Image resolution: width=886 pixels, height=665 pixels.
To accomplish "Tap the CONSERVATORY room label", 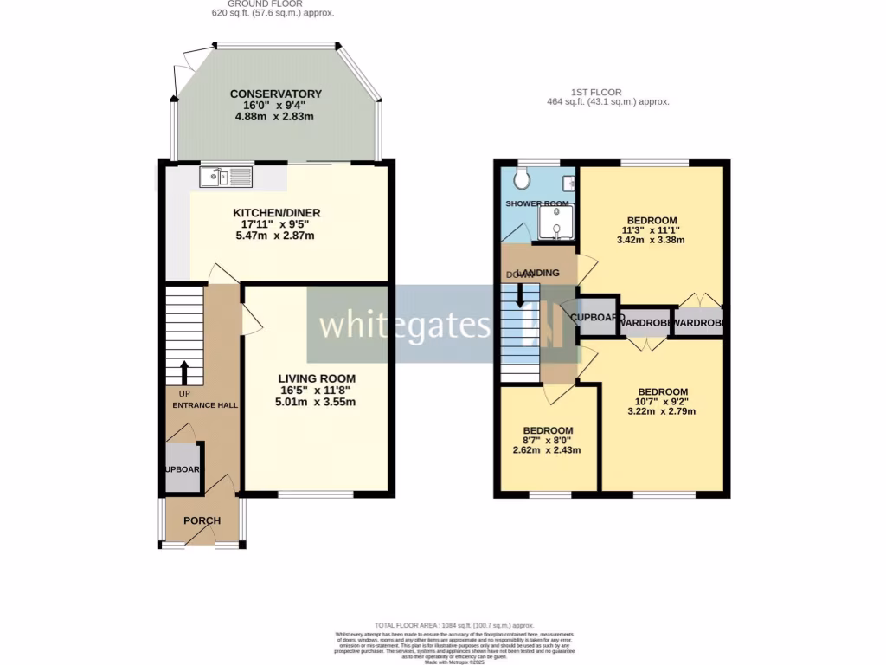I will (275, 94).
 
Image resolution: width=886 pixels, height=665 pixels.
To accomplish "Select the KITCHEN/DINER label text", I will (276, 213).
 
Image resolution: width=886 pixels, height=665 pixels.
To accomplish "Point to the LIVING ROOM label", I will (316, 378).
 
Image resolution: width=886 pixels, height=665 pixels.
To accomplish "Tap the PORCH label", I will (202, 521).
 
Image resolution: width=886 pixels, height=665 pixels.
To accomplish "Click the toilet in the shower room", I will (521, 178).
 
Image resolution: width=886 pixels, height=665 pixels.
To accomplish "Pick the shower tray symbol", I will (555, 223).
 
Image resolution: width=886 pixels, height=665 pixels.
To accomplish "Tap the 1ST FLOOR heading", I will (596, 93).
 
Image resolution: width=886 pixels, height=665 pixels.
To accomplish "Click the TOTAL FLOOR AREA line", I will (453, 625).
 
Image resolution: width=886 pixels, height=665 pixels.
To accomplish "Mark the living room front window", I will (316, 494).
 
